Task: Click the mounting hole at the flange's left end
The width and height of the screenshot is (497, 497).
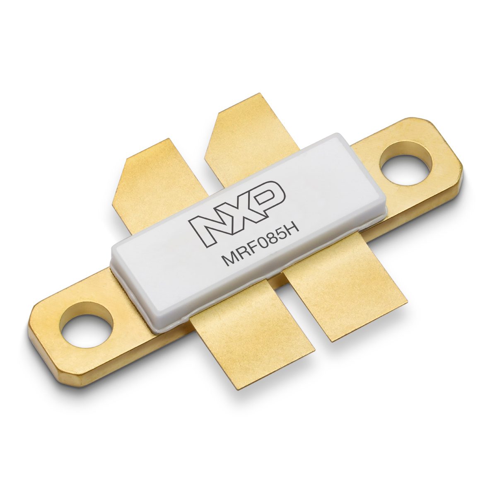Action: pos(86,325)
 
